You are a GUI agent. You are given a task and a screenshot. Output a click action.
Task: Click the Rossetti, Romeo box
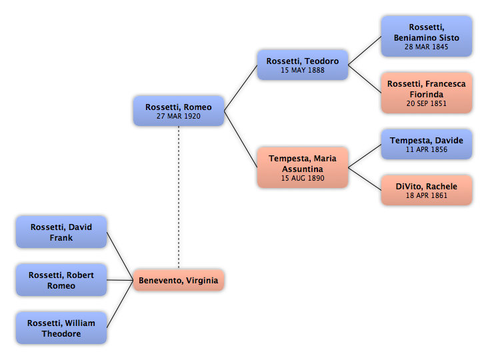(179, 111)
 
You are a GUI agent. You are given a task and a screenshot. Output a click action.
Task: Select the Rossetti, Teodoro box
(303, 65)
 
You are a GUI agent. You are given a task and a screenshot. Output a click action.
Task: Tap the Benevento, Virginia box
(179, 280)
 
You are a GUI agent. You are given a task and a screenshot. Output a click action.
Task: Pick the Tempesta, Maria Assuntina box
(303, 167)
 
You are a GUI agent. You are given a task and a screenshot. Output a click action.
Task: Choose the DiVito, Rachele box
(427, 190)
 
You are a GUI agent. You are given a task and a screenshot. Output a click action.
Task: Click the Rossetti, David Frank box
(61, 232)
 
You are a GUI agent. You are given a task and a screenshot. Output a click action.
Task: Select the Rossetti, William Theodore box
(61, 328)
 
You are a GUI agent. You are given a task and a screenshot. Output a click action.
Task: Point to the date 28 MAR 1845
(427, 47)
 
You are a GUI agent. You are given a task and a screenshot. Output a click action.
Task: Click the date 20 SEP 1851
(427, 103)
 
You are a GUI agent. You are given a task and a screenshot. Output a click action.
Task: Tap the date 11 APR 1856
(427, 149)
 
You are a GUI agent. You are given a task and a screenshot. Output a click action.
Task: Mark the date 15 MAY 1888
(303, 70)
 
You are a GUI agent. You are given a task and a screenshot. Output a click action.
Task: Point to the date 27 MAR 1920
(179, 116)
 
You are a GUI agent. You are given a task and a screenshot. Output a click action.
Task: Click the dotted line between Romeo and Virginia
(179, 197)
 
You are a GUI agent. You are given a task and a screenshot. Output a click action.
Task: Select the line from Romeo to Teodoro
(241, 88)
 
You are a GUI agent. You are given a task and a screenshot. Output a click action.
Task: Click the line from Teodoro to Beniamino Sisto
(365, 51)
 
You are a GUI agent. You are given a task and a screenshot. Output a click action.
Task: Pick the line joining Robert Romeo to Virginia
(120, 280)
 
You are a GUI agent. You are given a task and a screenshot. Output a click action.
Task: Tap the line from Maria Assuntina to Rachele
(365, 179)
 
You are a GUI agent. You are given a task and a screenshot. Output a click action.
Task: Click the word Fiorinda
(427, 94)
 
